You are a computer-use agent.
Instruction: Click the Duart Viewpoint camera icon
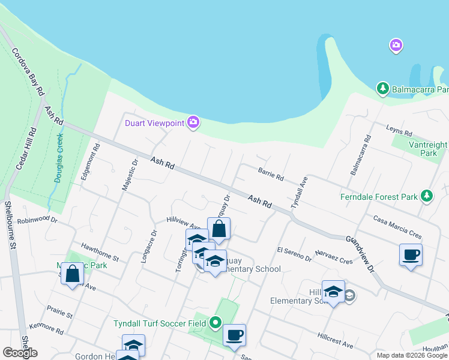193,123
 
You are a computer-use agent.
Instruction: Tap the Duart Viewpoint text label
154,124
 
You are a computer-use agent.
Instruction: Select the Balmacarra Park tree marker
382,89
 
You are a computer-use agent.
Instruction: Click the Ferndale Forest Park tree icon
426,196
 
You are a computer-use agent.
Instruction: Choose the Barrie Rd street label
270,175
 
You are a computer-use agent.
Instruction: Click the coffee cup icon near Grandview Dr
411,254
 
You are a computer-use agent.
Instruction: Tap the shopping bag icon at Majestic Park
72,274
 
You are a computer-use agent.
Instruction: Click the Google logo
20,353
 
